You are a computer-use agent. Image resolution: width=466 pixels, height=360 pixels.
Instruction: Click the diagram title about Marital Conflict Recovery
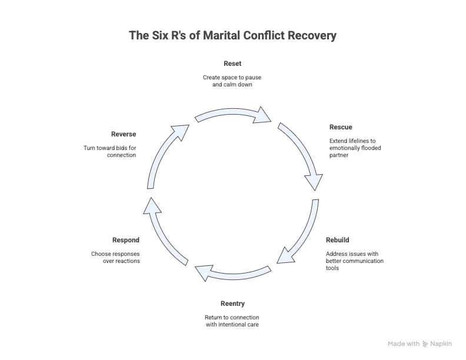click(x=233, y=36)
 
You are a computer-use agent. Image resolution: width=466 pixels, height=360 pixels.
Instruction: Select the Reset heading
click(x=232, y=64)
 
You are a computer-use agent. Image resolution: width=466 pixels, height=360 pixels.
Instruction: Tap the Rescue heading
click(x=341, y=127)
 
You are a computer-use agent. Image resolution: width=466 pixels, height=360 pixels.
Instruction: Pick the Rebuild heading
click(x=338, y=240)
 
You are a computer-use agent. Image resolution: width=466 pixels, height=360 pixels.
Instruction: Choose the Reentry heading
click(x=232, y=304)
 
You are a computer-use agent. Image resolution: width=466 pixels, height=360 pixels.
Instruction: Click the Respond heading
click(x=126, y=240)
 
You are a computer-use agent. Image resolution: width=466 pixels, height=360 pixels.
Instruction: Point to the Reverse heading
click(x=124, y=134)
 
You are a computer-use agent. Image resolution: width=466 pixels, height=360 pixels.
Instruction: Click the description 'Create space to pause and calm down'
click(x=232, y=81)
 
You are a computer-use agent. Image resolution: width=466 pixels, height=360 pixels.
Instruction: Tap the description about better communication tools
click(x=355, y=261)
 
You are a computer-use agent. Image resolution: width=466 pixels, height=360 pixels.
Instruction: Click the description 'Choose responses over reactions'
click(x=116, y=257)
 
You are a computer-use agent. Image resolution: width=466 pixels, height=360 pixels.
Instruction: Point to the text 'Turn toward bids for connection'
click(x=110, y=151)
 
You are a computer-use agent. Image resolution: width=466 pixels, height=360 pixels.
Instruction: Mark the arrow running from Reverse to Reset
click(x=164, y=154)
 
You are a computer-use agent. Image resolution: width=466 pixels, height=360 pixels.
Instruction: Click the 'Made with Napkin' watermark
click(x=420, y=344)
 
